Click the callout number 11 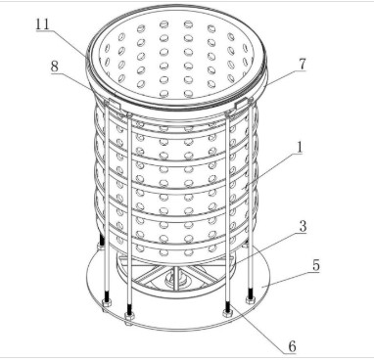pos(42,24)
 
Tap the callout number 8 pos(55,67)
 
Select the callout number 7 pos(303,64)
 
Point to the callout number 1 pos(300,148)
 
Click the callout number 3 pos(303,226)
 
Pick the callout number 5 pos(316,265)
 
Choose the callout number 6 pos(292,346)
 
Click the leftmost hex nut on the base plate pos(107,303)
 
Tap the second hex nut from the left pos(129,316)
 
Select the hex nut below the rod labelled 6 pos(227,313)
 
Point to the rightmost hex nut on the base pos(250,300)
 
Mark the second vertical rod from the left pos(129,212)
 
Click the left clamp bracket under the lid pos(113,105)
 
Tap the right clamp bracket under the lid pos(243,105)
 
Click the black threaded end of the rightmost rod pos(251,292)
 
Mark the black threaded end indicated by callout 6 pos(227,306)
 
